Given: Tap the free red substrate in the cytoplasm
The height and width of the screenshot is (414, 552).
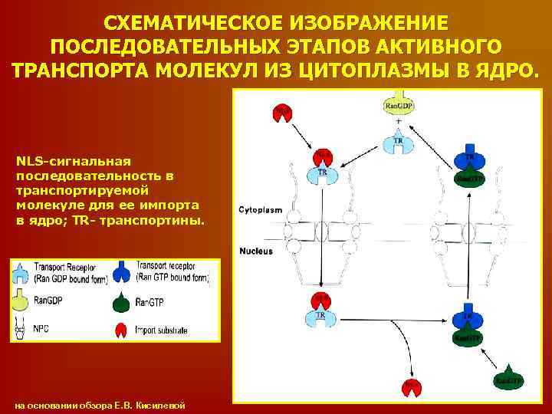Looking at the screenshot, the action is pos(282,112).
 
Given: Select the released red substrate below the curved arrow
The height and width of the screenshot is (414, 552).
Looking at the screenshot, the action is pos(412,388).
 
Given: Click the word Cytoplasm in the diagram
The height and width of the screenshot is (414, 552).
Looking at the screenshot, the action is pos(261,209).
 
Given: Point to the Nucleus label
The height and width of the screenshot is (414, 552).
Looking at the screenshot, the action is pos(257,251).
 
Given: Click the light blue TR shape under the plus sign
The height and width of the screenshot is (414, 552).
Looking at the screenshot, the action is pos(398,143).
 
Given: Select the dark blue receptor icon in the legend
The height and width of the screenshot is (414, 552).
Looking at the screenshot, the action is pos(122,271).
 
